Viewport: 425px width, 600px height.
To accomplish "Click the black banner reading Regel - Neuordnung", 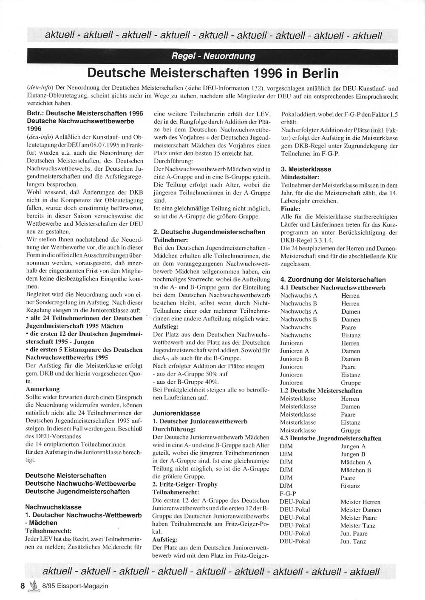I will [213, 56].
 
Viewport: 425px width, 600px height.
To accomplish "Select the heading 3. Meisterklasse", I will [306, 169].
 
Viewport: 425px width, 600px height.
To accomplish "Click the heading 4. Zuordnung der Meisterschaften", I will [333, 280].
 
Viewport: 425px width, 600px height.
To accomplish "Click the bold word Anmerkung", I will [42, 389].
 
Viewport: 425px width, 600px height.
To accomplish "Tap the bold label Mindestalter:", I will [300, 177].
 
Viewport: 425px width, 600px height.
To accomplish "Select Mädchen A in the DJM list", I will [356, 462].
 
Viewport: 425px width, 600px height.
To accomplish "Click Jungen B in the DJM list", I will [353, 454].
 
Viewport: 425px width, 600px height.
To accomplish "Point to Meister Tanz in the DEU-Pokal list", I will [357, 526].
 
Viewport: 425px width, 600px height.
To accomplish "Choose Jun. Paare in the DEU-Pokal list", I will [354, 533].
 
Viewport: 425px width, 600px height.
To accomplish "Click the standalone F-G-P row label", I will [288, 494].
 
